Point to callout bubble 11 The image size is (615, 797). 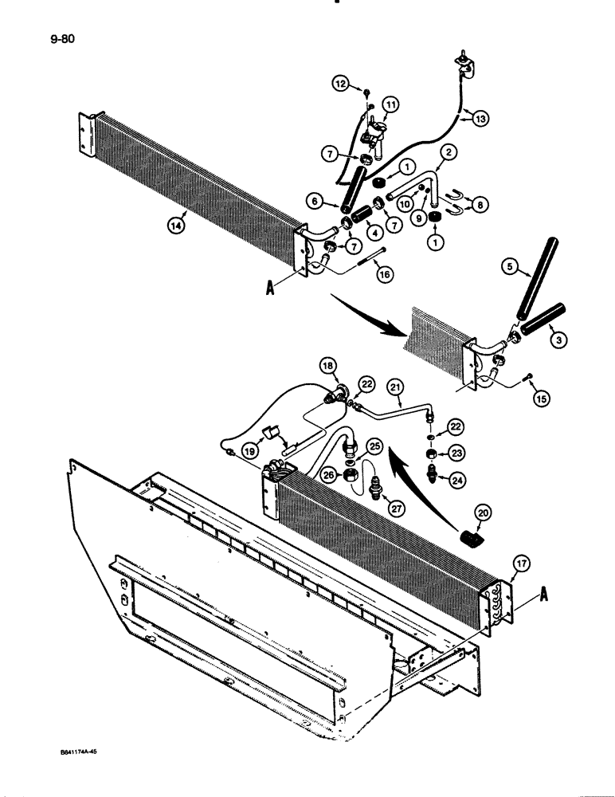(391, 104)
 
